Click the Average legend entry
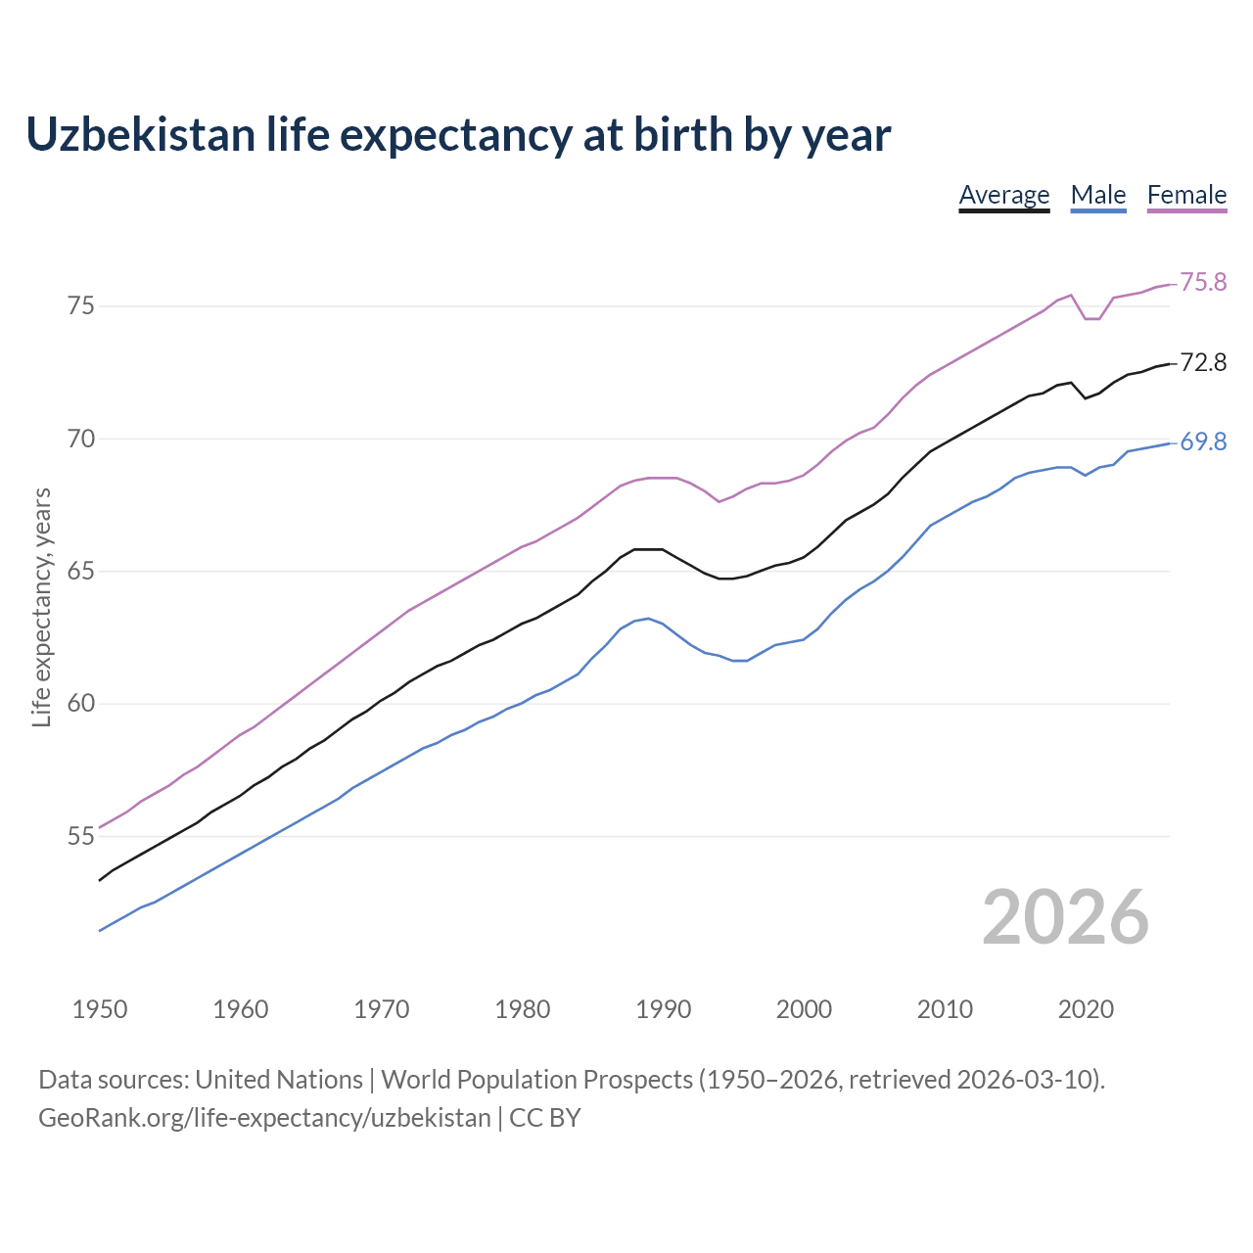click(1003, 195)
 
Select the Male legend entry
click(1098, 195)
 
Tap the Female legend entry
click(1186, 195)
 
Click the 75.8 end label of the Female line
click(1203, 283)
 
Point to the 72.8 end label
click(1203, 363)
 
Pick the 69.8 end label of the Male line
click(1203, 442)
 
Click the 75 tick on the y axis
click(81, 306)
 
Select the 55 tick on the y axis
click(81, 837)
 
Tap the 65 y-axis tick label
click(81, 572)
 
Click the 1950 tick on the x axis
click(100, 1009)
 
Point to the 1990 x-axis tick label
click(663, 1009)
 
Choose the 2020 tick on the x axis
click(1086, 1009)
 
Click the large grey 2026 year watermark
click(1065, 917)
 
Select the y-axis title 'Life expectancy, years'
click(42, 607)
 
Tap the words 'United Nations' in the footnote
click(279, 1080)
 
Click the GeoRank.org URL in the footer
click(264, 1118)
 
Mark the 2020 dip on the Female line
click(1091, 319)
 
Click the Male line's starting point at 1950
click(100, 930)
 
